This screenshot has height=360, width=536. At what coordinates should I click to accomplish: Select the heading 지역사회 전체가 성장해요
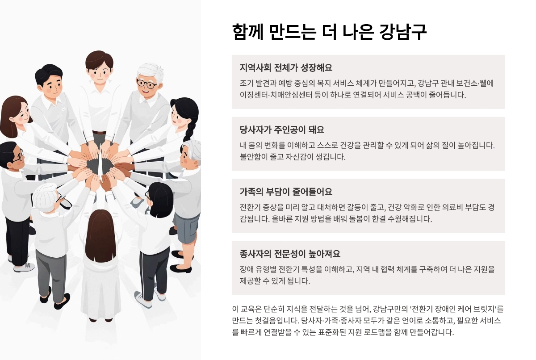click(286, 68)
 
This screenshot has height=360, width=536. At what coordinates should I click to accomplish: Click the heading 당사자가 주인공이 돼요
click(282, 130)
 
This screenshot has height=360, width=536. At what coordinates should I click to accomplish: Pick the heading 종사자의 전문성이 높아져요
click(290, 254)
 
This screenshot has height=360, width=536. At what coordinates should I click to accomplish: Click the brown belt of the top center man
click(99, 133)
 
